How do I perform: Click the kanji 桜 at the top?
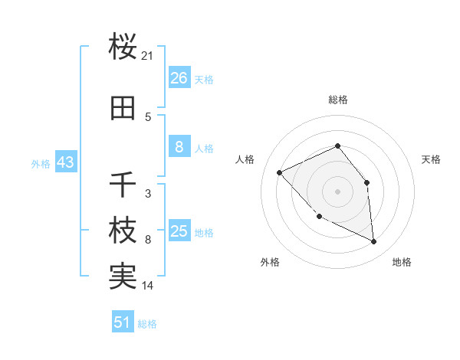123,47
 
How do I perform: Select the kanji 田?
123,109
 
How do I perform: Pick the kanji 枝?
123,231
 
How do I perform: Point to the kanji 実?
123,277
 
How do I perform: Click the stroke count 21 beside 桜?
148,56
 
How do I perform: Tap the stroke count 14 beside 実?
148,286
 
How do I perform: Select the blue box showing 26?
179,78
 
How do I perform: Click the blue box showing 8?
179,147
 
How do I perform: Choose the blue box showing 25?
179,231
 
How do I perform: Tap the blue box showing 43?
64,162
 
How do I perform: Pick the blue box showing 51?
123,322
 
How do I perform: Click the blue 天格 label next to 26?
204,79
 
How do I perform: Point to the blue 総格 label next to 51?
147,324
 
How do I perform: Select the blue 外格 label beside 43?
41,163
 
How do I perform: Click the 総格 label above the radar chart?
338,100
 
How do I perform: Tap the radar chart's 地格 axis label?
402,262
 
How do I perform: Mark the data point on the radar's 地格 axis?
374,242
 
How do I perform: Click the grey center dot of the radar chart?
337,191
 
